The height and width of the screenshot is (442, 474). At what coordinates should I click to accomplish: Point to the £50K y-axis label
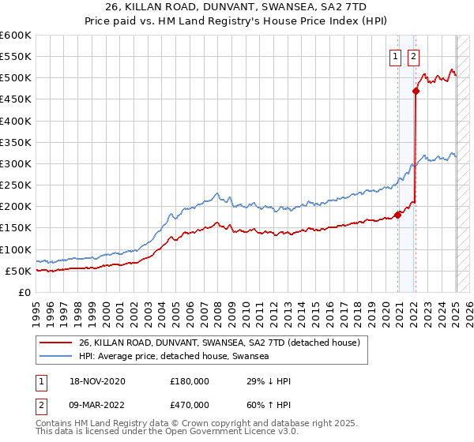click(x=17, y=271)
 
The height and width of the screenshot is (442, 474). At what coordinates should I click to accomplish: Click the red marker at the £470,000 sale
click(x=416, y=91)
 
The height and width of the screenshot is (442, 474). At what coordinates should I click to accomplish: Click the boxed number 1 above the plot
click(x=393, y=56)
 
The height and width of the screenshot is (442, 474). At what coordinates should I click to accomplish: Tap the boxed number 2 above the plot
click(x=413, y=56)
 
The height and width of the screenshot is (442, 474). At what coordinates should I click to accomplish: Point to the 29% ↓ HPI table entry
click(x=269, y=381)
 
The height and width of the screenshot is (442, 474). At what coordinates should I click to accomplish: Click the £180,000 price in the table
click(x=190, y=381)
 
